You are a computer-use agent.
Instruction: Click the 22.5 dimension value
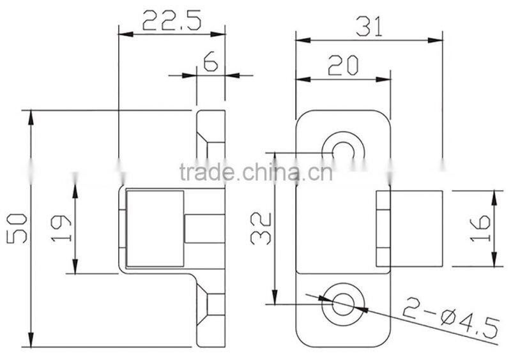171,21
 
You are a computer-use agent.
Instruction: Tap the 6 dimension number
210,61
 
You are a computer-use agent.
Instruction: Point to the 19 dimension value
61,229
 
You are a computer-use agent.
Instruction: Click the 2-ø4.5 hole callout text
450,322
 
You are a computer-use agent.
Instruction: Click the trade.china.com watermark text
256,172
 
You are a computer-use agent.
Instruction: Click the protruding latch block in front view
415,228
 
